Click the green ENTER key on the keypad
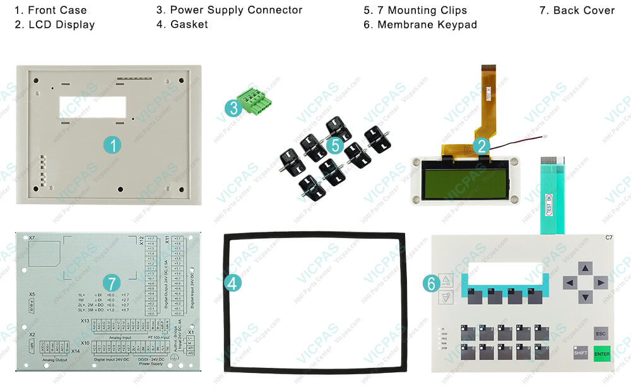[602, 353]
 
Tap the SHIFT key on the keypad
[581, 353]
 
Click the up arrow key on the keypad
[585, 269]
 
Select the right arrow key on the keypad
[601, 283]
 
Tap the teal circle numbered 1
[112, 146]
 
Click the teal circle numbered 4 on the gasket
[233, 283]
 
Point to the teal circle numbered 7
[112, 283]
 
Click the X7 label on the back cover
[32, 239]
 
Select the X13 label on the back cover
[85, 321]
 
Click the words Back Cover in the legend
[584, 10]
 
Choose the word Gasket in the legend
[189, 25]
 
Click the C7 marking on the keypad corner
[609, 237]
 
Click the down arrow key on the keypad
[585, 297]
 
